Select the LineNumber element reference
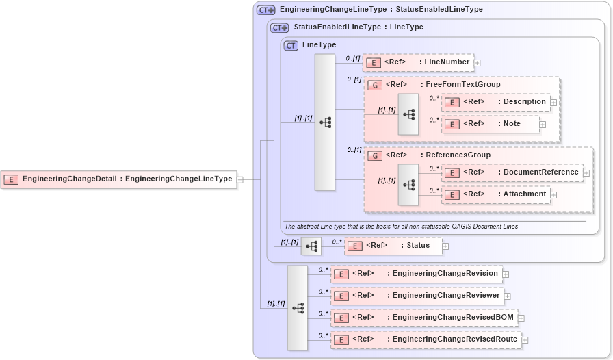[x=417, y=62]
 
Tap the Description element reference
[x=495, y=102]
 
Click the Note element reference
[x=490, y=124]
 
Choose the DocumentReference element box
[x=512, y=172]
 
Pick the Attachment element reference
[x=495, y=194]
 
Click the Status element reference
[x=393, y=246]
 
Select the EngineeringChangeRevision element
[x=416, y=274]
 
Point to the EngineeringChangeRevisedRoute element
[x=425, y=339]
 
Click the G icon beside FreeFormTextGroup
[x=374, y=85]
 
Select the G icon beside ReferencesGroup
[x=374, y=155]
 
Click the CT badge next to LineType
[x=291, y=45]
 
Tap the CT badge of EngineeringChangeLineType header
[x=265, y=10]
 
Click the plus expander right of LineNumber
[x=478, y=63]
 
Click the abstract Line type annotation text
[x=400, y=227]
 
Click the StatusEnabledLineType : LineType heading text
[x=358, y=27]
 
